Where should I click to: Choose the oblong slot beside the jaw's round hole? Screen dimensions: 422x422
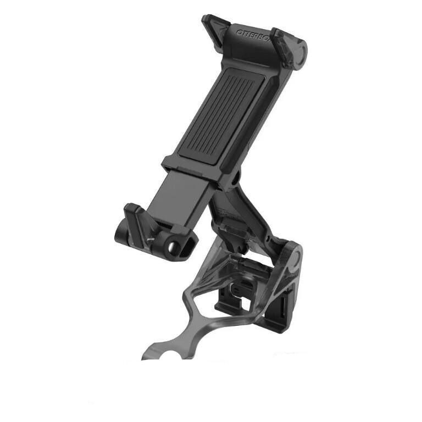point(190,241)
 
